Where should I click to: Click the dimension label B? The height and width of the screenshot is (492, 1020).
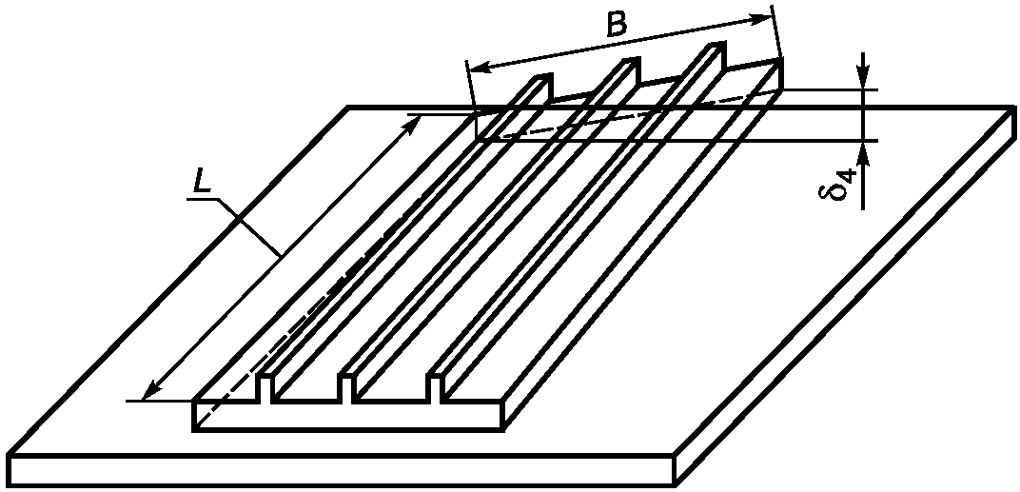616,25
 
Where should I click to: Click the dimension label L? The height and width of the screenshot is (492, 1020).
202,183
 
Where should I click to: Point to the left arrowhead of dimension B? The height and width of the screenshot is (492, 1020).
478,66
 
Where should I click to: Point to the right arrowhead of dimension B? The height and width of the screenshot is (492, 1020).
762,20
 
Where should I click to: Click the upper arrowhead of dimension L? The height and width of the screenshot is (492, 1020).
412,124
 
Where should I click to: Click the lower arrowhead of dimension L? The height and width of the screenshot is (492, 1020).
151,389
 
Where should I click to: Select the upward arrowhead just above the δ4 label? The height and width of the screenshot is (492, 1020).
863,150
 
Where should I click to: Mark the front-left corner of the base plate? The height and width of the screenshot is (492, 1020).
8,455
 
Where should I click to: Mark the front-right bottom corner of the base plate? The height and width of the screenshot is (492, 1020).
675,484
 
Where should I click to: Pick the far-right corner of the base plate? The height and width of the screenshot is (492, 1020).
1014,107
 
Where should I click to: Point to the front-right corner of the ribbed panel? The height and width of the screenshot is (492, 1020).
503,403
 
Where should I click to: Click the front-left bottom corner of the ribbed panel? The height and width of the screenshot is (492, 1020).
193,429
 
